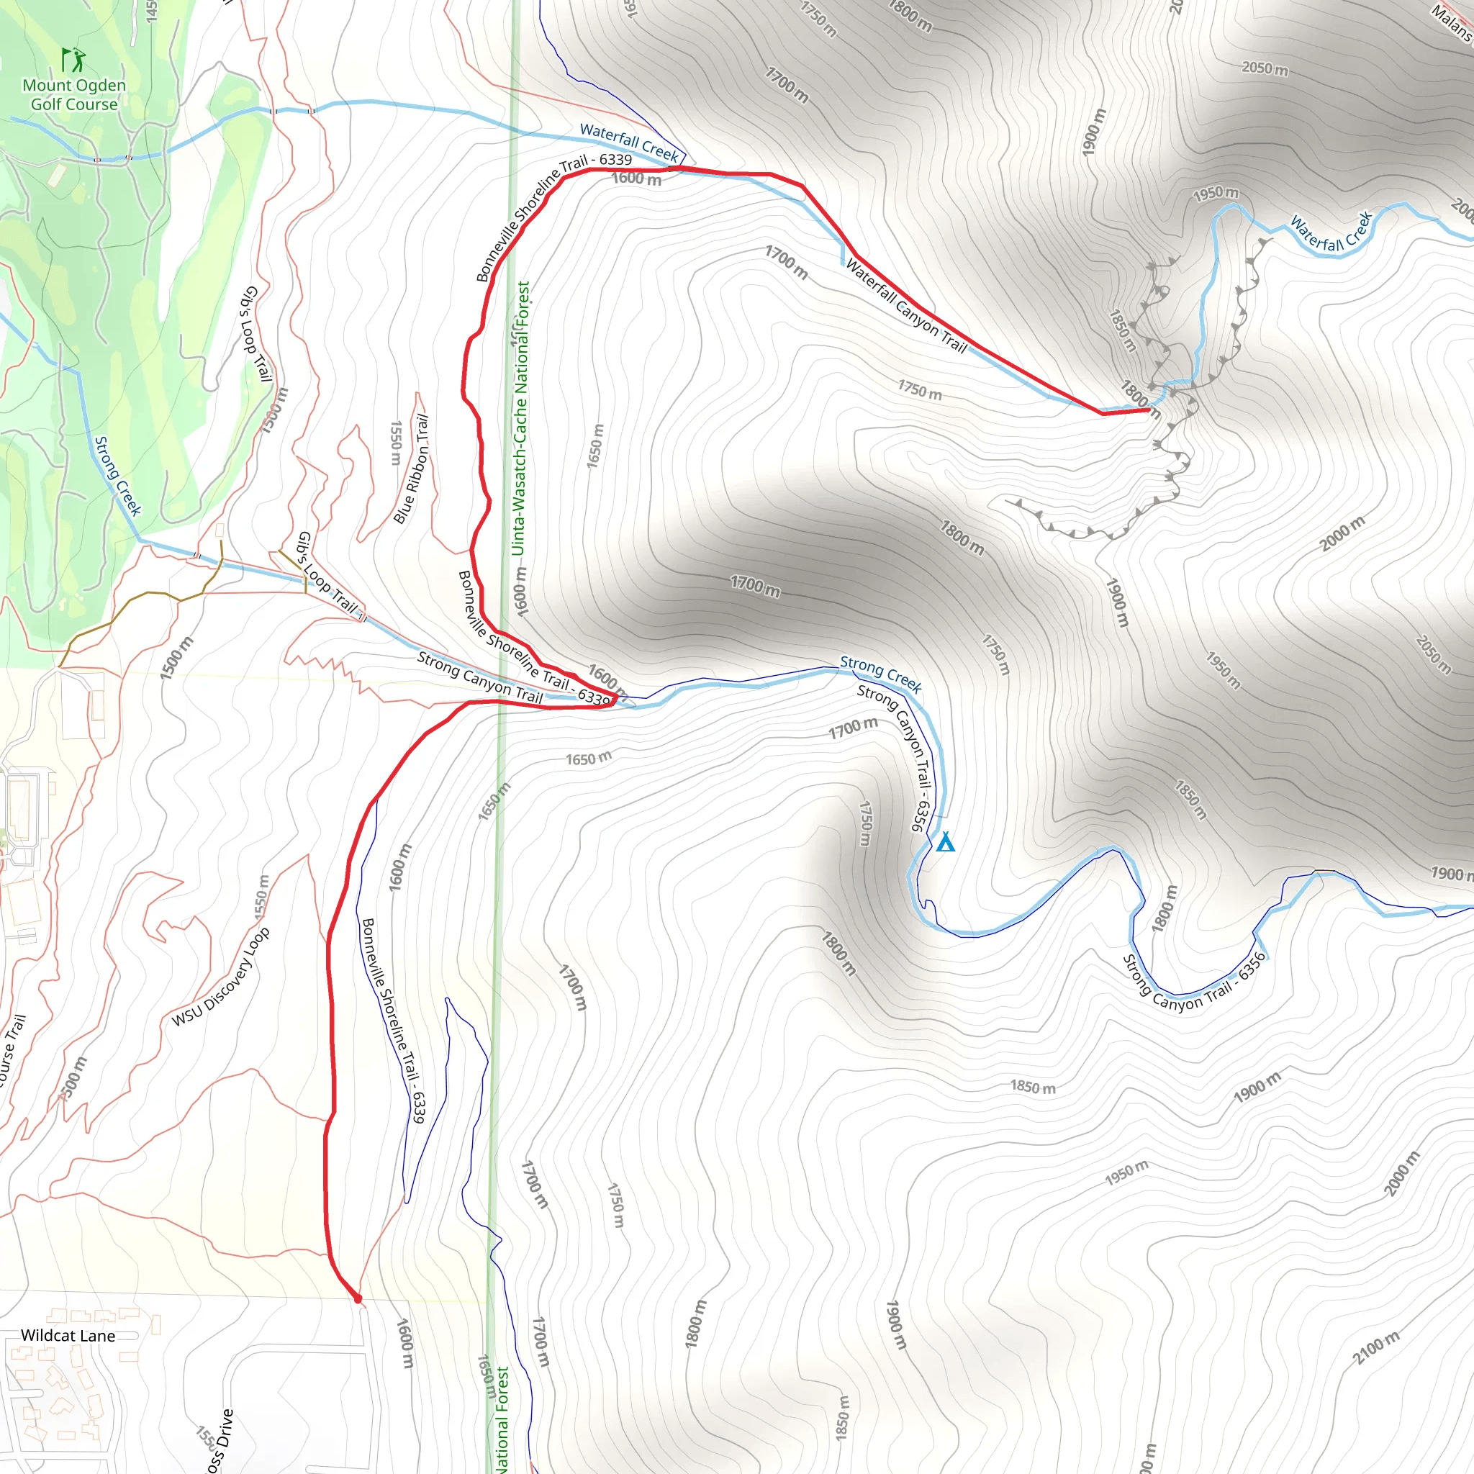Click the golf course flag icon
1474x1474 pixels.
[x=73, y=60]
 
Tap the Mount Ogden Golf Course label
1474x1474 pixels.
[x=74, y=94]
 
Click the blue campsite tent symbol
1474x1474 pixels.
[x=945, y=842]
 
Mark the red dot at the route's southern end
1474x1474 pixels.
[x=358, y=1298]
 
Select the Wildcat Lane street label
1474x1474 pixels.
[x=68, y=1336]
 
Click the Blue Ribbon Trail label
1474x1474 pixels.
[x=412, y=469]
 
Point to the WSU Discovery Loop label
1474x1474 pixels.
[x=220, y=977]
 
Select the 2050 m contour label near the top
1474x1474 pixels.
[x=1265, y=68]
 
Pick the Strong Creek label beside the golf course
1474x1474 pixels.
[x=118, y=476]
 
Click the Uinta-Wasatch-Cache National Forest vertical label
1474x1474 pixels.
[x=520, y=418]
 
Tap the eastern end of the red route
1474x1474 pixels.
[x=1149, y=410]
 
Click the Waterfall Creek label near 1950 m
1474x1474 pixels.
[x=1331, y=232]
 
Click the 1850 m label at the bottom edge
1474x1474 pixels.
[x=842, y=1419]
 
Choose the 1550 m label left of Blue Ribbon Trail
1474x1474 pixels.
[x=395, y=443]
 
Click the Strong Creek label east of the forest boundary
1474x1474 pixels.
[x=880, y=672]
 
